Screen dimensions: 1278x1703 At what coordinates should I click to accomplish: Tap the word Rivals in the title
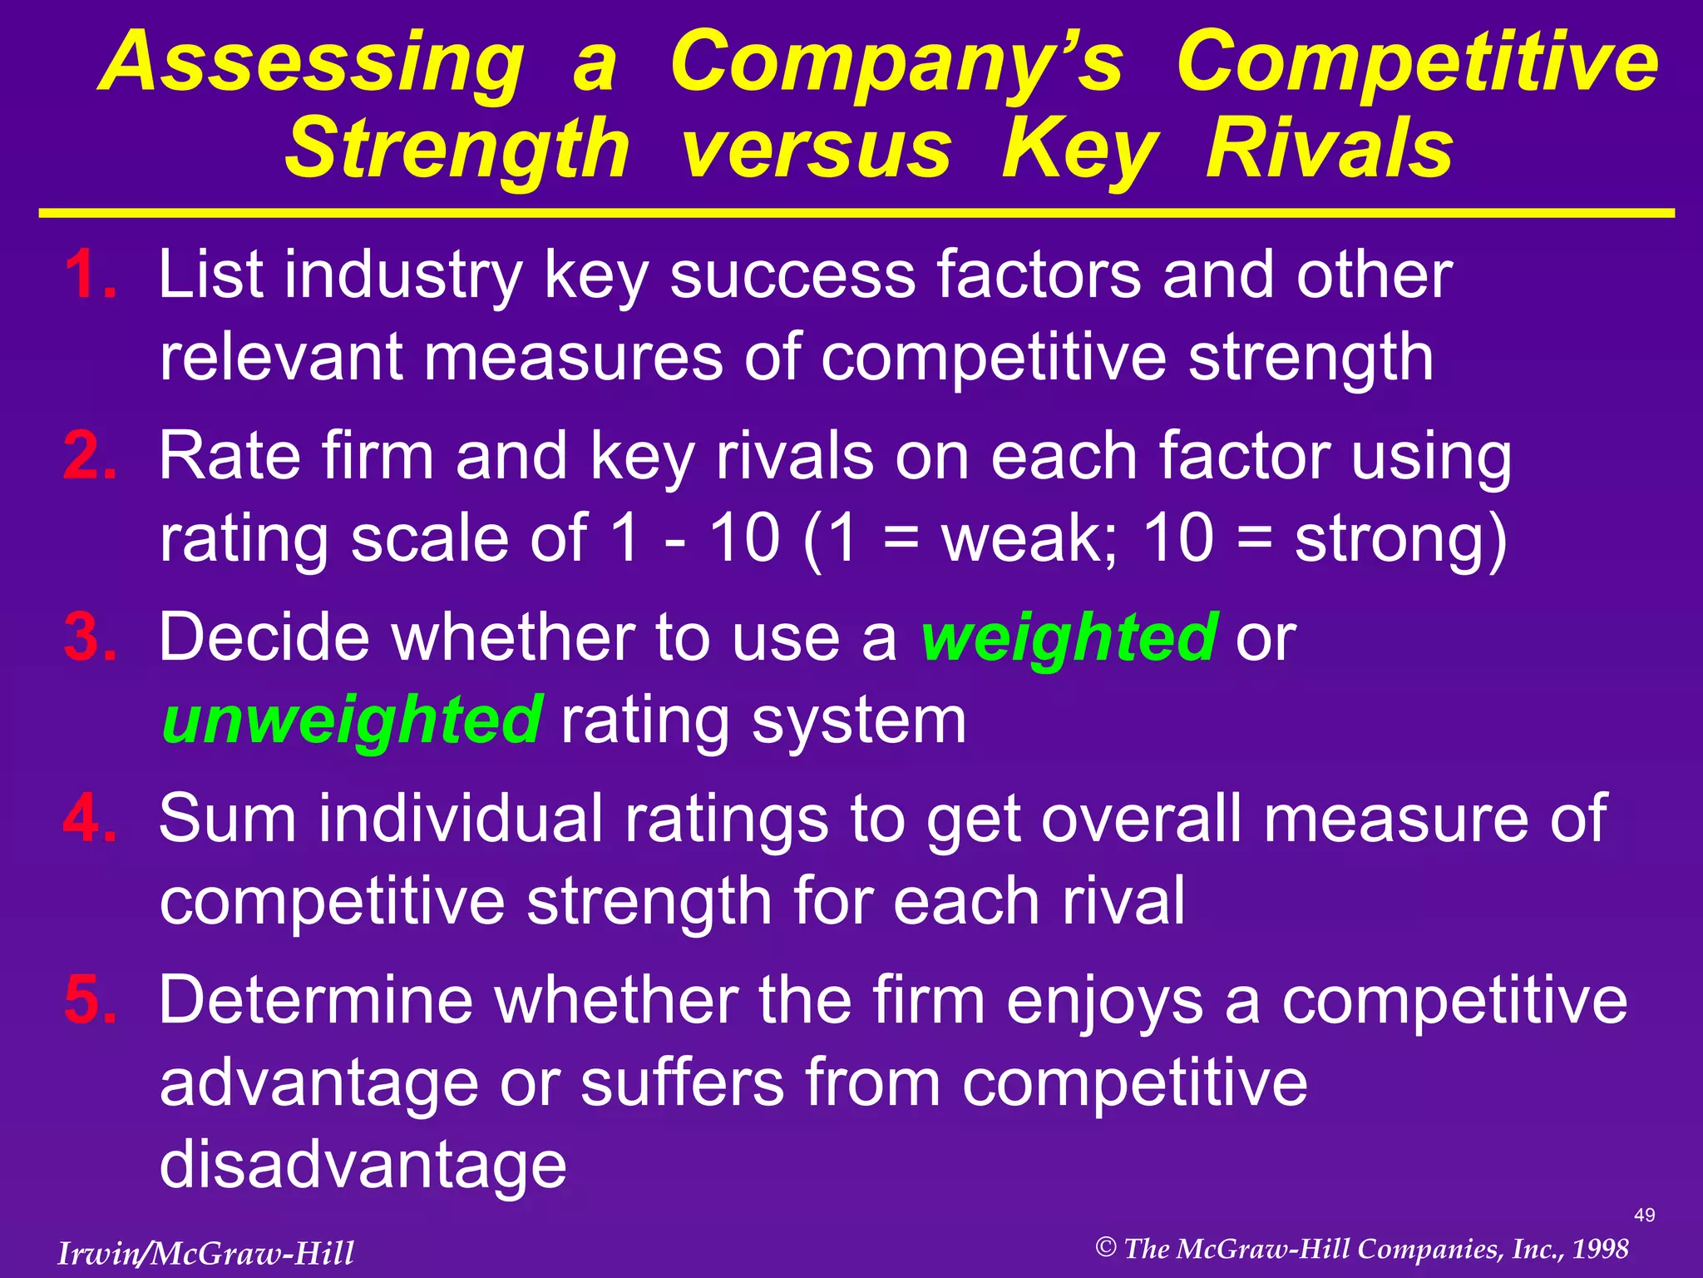[x=1329, y=150]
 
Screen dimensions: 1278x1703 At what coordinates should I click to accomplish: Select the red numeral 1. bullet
[x=90, y=275]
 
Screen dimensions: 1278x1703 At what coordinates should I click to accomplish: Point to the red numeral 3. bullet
[x=90, y=637]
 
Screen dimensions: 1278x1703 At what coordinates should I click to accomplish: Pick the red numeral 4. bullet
[x=90, y=819]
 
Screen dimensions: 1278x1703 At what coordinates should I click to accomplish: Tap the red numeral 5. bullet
[x=90, y=1000]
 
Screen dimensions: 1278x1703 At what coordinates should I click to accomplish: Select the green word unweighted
[x=353, y=721]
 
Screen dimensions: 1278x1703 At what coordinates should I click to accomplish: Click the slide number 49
[x=1644, y=1216]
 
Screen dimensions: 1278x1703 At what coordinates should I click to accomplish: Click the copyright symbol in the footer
[x=1106, y=1247]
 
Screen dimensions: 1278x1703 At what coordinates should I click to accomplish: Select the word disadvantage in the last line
[x=363, y=1165]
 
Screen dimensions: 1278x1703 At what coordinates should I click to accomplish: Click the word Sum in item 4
[x=227, y=819]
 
